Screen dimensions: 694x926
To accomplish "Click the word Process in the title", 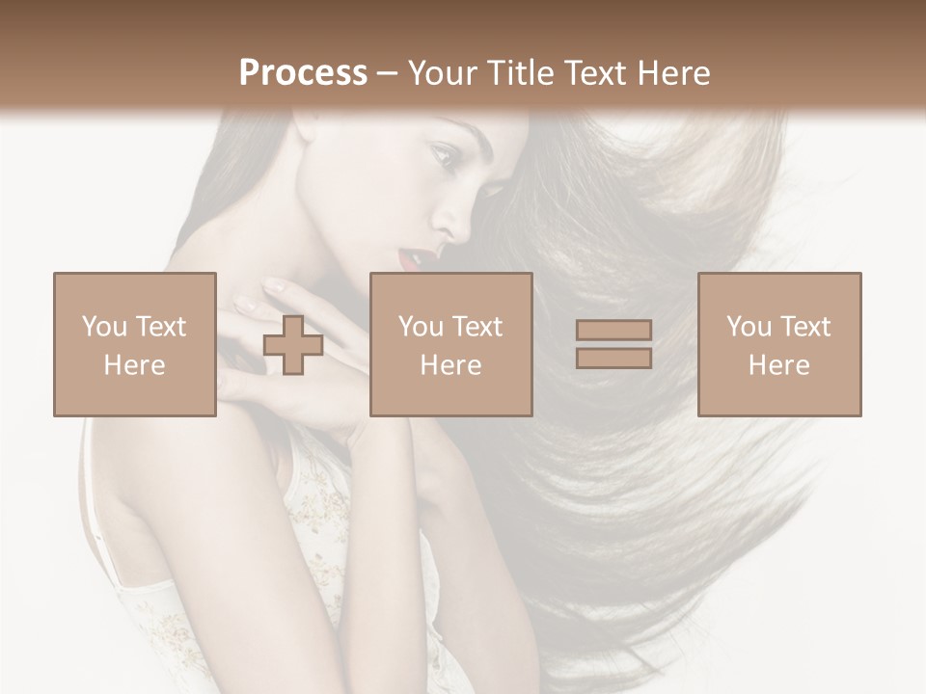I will (303, 73).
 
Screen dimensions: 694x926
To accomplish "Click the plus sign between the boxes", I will (293, 345).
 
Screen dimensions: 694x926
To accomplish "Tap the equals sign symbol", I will (613, 344).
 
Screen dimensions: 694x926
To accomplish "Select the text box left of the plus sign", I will (135, 344).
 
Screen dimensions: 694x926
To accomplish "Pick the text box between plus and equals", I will (450, 344).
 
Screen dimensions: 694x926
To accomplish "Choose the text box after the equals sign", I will (779, 344).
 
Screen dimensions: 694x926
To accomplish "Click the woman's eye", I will (444, 154).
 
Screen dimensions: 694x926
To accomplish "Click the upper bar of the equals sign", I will (613, 331).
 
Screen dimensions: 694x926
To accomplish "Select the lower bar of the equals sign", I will (613, 358).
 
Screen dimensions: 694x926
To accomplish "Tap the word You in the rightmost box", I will (748, 327).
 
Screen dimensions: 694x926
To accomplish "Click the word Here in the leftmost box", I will (135, 364).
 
